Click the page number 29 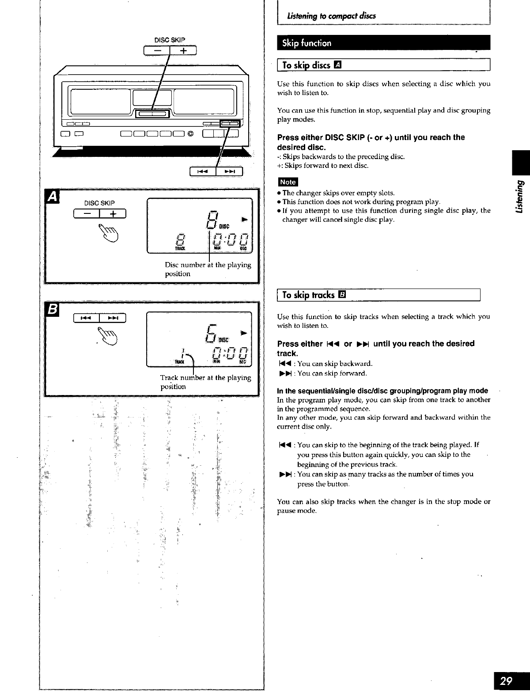pos(506,681)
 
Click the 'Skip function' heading pos(307,43)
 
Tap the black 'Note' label pos(288,182)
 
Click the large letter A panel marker pos(52,197)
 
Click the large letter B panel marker pos(52,310)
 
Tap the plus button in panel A pos(113,214)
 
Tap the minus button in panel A pos(87,214)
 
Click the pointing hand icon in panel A pos(108,233)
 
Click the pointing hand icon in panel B pos(108,336)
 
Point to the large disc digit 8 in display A pos(212,220)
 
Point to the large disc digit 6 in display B pos(212,334)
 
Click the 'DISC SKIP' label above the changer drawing pos(170,40)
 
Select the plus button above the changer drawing pos(183,51)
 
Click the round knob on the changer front pos(190,134)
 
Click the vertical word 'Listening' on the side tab pos(519,197)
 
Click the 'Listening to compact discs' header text pos(331,16)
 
